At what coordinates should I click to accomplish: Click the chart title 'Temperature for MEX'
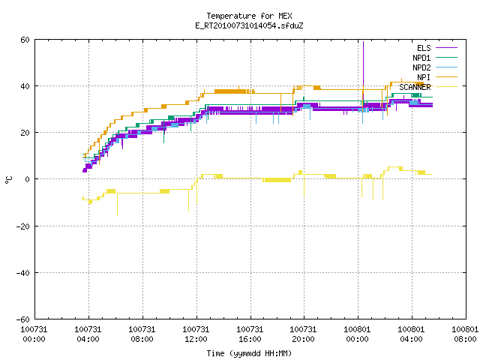pyautogui.click(x=249, y=16)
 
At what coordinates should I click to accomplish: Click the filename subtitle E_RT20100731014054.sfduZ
pyautogui.click(x=249, y=25)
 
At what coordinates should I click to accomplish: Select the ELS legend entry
pyautogui.click(x=436, y=48)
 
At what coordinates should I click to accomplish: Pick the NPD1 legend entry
pyautogui.click(x=435, y=58)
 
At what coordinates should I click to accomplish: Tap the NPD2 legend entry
pyautogui.click(x=435, y=67)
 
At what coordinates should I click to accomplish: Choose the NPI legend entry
pyautogui.click(x=436, y=77)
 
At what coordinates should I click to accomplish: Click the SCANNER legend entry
pyautogui.click(x=428, y=87)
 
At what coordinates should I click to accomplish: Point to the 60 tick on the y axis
pyautogui.click(x=25, y=40)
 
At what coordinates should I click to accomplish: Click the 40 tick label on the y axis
pyautogui.click(x=25, y=86)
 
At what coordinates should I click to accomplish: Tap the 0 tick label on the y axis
pyautogui.click(x=27, y=179)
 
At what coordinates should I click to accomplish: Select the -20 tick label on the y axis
pyautogui.click(x=22, y=226)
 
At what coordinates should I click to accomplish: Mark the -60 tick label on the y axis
pyautogui.click(x=22, y=319)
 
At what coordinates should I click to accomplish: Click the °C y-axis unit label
pyautogui.click(x=9, y=180)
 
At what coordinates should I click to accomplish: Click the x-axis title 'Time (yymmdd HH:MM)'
pyautogui.click(x=249, y=353)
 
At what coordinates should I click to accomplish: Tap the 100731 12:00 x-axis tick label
pyautogui.click(x=196, y=334)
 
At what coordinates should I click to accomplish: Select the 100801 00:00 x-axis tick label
pyautogui.click(x=357, y=334)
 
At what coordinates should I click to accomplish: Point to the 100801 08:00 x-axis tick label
pyautogui.click(x=465, y=334)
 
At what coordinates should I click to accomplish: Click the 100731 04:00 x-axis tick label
pyautogui.click(x=88, y=334)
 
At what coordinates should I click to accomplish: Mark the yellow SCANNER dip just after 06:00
pyautogui.click(x=117, y=204)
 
